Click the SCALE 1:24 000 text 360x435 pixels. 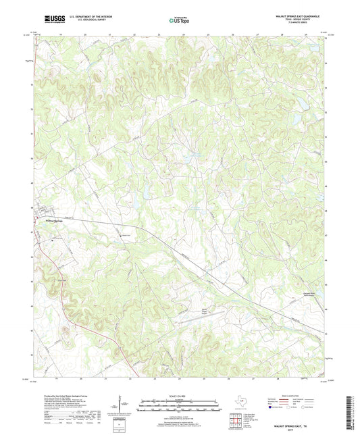179,394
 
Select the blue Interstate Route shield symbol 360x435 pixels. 272,407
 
